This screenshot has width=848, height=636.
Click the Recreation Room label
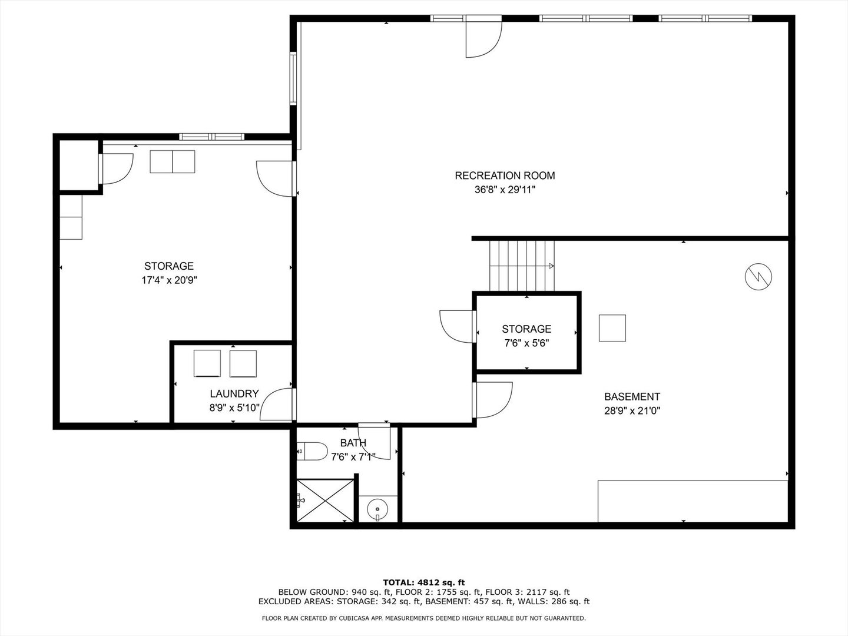505,175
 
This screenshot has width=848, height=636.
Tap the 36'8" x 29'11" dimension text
505,190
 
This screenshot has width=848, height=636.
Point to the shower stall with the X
325,501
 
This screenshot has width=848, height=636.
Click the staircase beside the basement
522,266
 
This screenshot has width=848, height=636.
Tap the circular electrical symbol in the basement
758,277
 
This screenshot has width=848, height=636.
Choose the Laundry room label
234,393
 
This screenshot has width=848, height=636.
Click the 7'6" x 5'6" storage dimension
526,343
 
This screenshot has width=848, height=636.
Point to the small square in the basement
612,328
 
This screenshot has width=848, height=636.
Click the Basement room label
632,396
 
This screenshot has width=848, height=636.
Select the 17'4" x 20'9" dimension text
169,280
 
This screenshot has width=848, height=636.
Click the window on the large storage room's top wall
212,137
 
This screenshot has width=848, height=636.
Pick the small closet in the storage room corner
79,165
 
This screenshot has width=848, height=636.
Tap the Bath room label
353,443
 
